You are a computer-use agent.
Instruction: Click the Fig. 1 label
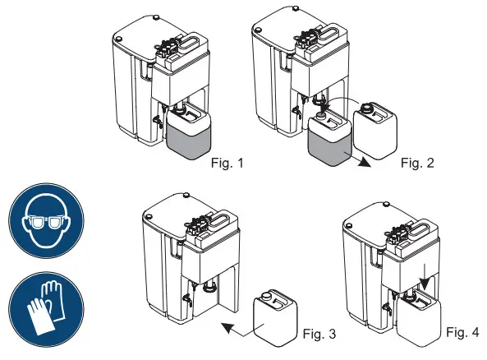(227, 163)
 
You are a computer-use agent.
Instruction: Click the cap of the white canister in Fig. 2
(367, 106)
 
